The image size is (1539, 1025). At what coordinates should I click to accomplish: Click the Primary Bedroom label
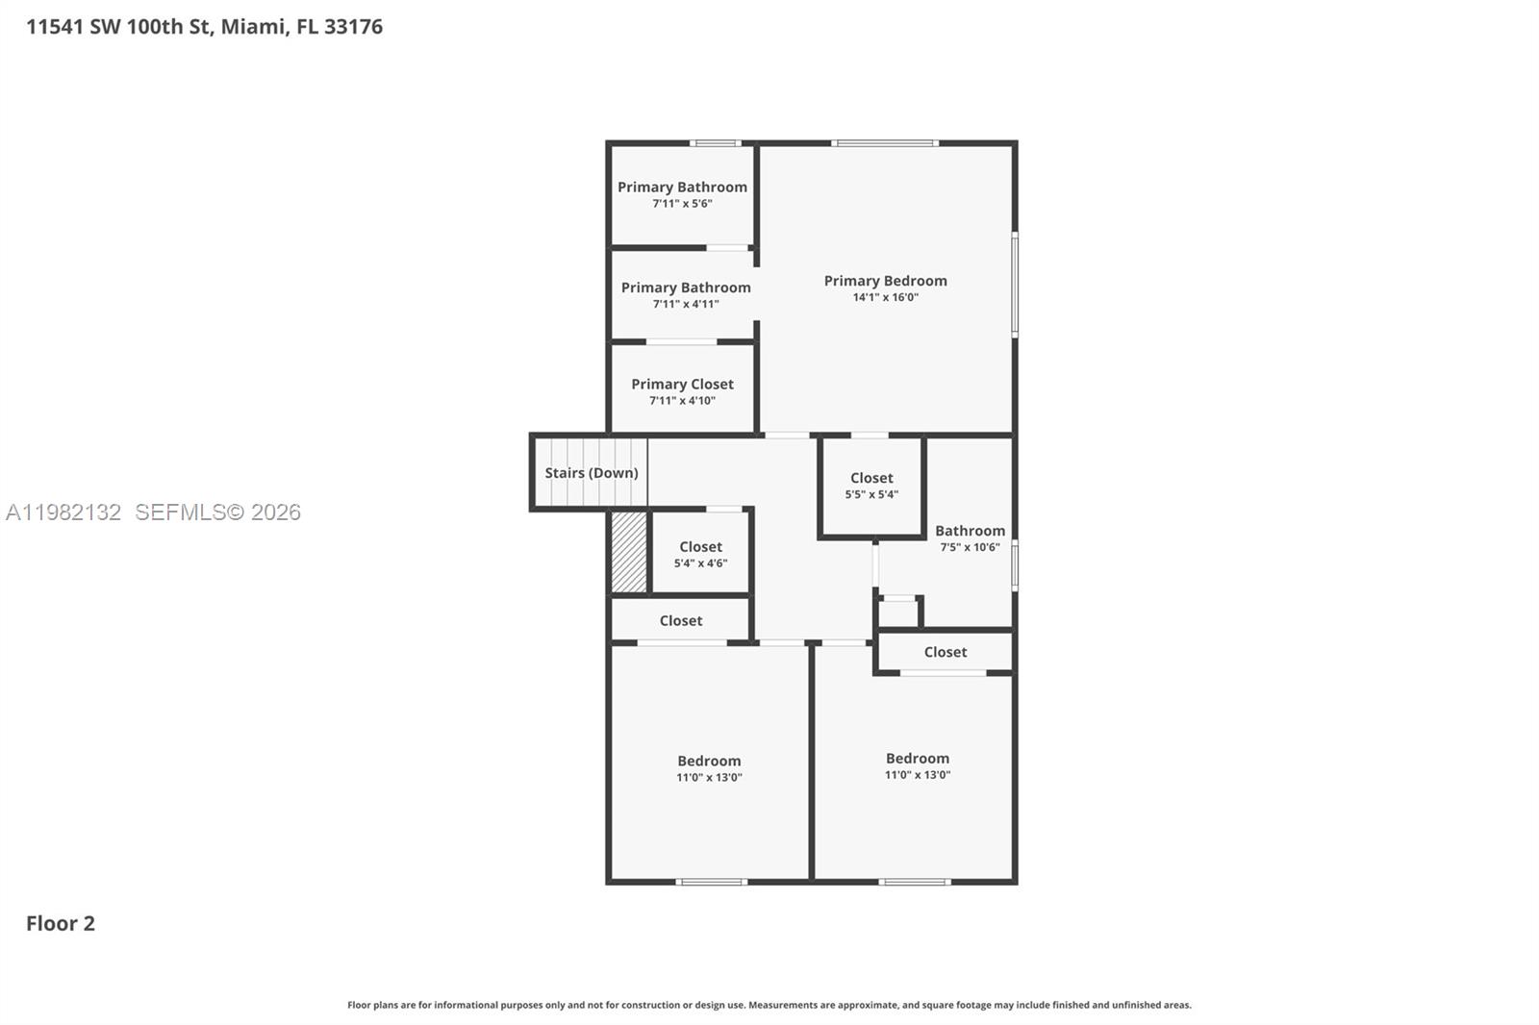tap(885, 281)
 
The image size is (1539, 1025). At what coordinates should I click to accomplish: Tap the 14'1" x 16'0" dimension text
tap(885, 298)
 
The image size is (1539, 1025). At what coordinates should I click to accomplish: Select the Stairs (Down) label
tap(591, 473)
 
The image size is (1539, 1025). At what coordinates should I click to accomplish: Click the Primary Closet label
tap(682, 385)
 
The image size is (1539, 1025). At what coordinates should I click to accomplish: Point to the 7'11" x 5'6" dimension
tap(682, 204)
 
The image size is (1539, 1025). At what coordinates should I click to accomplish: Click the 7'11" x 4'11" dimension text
tap(685, 305)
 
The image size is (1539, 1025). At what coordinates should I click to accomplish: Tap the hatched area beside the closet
tap(629, 552)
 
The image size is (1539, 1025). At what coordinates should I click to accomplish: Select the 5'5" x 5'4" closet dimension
tap(871, 495)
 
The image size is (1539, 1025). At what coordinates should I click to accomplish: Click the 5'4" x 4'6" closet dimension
tap(700, 563)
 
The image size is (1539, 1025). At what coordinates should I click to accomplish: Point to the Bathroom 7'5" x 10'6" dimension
tap(970, 548)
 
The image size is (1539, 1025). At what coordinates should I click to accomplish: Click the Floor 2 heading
tap(61, 924)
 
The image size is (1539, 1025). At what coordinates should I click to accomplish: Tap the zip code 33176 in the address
tap(353, 27)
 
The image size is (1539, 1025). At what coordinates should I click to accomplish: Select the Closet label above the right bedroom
tap(945, 652)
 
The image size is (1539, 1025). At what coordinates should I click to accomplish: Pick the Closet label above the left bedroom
tap(680, 621)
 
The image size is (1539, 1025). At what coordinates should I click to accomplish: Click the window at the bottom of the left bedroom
tap(711, 882)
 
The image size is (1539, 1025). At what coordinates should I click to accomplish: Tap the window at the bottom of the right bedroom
tap(915, 882)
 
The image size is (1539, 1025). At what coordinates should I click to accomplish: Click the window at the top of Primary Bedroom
tap(885, 143)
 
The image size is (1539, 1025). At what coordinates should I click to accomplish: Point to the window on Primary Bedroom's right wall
tap(1015, 285)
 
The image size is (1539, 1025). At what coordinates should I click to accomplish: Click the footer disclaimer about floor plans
tap(769, 1005)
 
